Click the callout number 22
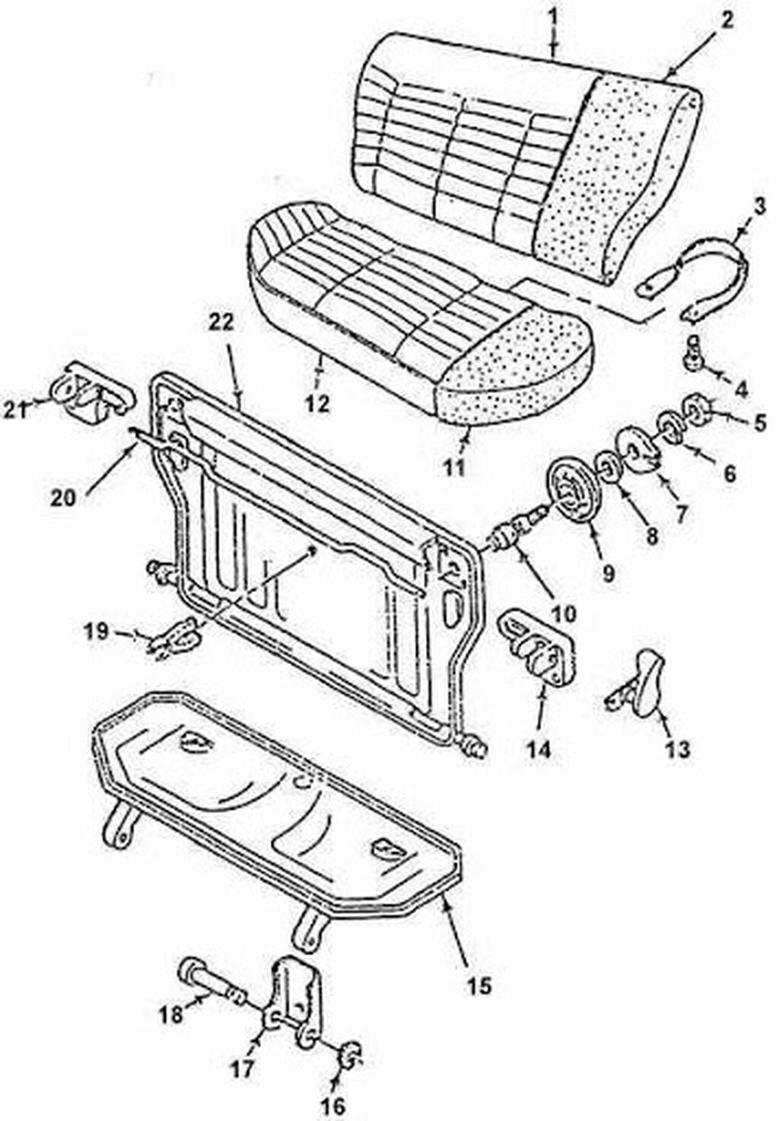tap(221, 324)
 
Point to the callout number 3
tap(760, 207)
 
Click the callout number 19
tap(97, 631)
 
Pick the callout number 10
tap(564, 613)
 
